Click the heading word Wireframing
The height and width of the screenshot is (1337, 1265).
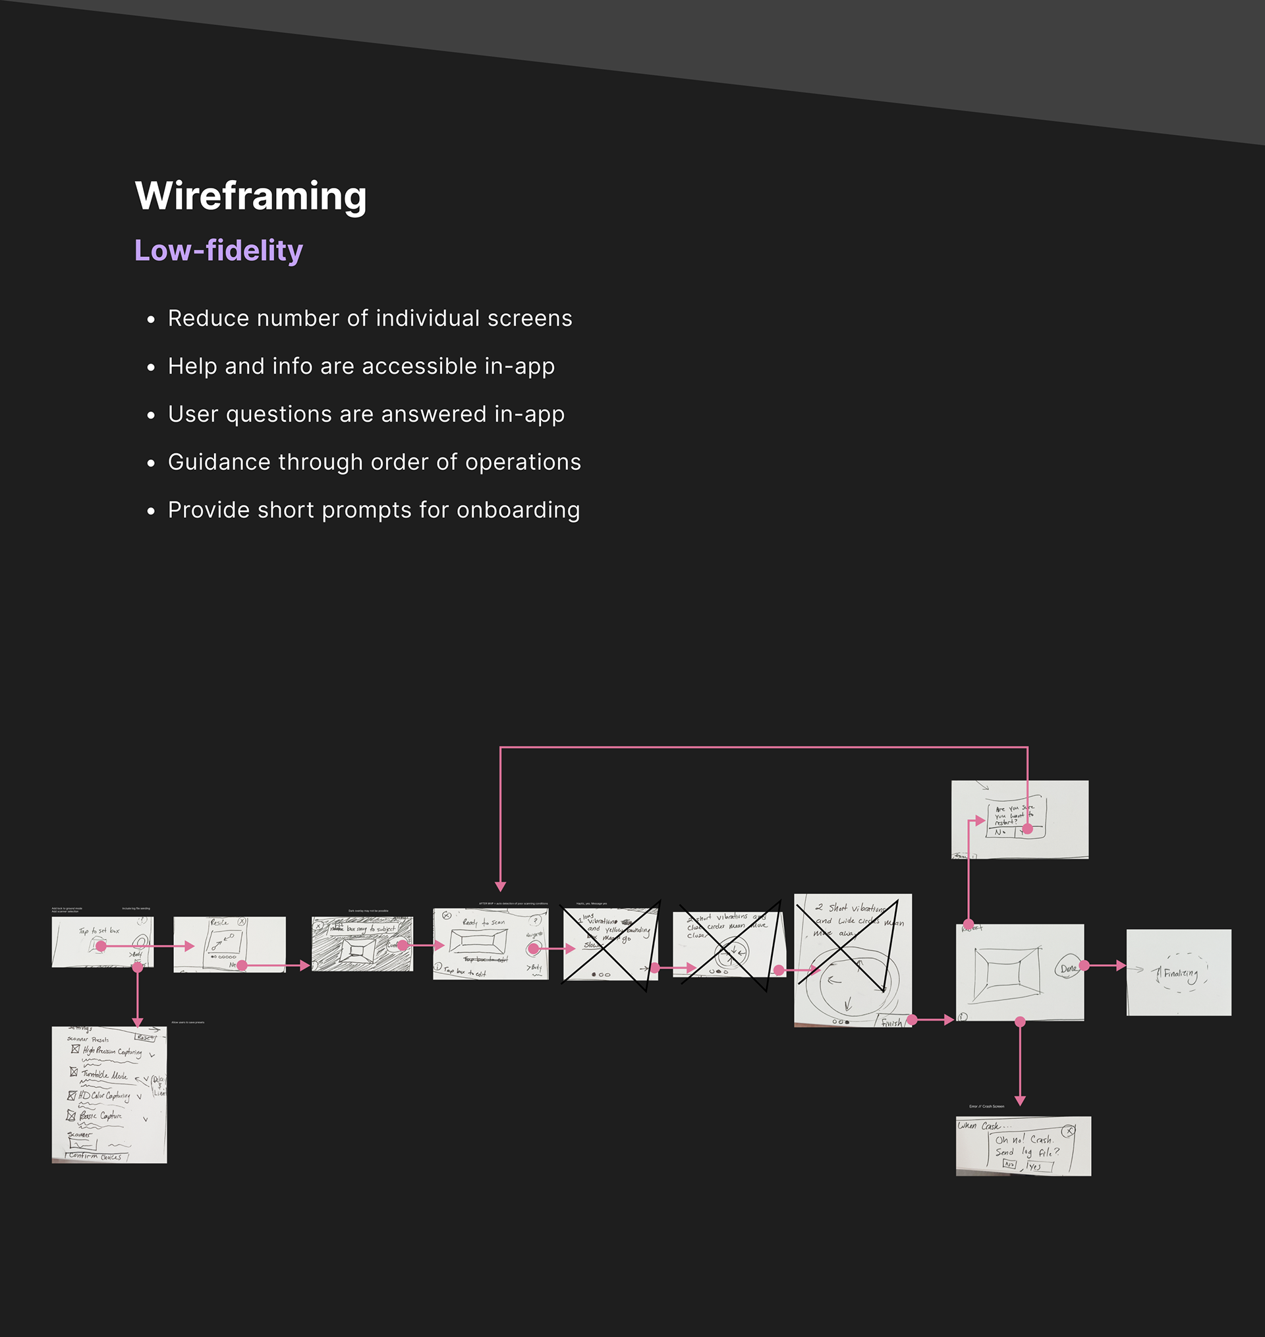pyautogui.click(x=250, y=196)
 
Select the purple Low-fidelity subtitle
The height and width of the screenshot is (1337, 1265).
pyautogui.click(x=219, y=250)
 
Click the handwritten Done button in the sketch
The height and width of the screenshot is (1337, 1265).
pyautogui.click(x=1067, y=969)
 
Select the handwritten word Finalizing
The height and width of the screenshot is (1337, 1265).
pyautogui.click(x=1180, y=973)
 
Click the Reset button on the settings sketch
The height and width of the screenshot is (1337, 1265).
pyautogui.click(x=146, y=1037)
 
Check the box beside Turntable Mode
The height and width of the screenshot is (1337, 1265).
pyautogui.click(x=74, y=1071)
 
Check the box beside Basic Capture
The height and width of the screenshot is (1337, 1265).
pyautogui.click(x=70, y=1115)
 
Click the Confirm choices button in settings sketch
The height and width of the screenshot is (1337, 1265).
pyautogui.click(x=96, y=1156)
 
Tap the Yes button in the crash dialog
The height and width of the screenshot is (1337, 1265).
pyautogui.click(x=1035, y=1166)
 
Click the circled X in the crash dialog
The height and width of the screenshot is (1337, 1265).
pyautogui.click(x=1068, y=1131)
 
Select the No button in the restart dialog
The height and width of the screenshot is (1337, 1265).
pyautogui.click(x=1000, y=832)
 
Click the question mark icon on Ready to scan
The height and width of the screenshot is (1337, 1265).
pyautogui.click(x=536, y=921)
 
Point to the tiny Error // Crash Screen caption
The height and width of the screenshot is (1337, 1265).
pyautogui.click(x=986, y=1106)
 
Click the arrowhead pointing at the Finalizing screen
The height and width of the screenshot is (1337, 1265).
pyautogui.click(x=1121, y=965)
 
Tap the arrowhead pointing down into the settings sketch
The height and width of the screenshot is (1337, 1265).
pyautogui.click(x=138, y=1022)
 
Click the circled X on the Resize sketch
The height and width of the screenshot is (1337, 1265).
pyautogui.click(x=242, y=922)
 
